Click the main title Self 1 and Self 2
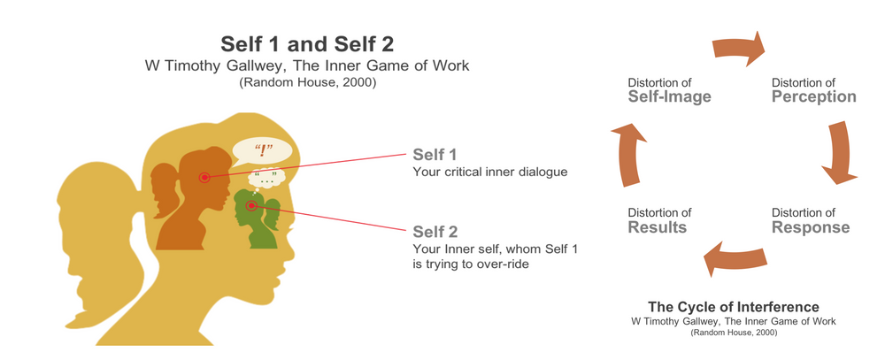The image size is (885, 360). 307,43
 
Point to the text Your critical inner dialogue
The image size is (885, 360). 490,172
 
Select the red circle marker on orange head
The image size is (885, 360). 204,178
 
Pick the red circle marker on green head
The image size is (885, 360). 251,206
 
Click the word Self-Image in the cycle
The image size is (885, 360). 669,97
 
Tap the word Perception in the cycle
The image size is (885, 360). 813,97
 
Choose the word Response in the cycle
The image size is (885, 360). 810,228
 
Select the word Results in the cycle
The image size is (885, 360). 657,228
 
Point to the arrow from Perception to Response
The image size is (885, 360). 842,155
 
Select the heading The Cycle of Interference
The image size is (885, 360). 733,307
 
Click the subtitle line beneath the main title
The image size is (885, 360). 307,66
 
